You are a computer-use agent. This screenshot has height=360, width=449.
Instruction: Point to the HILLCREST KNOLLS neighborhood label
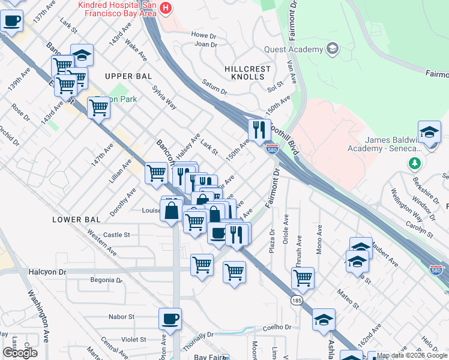tap(244, 73)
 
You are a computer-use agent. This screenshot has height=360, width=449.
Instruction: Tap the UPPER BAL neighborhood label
tap(128, 76)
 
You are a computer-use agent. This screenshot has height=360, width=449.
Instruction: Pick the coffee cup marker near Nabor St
tap(170, 318)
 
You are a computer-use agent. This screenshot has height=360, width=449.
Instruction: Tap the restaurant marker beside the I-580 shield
tap(259, 130)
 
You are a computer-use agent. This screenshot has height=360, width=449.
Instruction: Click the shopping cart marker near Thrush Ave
tap(303, 278)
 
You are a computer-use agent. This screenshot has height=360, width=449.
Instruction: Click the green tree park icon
tap(414, 163)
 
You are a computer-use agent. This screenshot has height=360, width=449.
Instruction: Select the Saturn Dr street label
tap(215, 88)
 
